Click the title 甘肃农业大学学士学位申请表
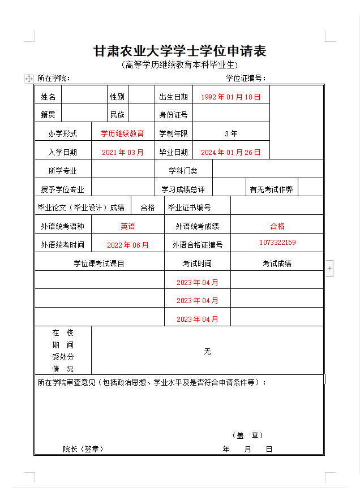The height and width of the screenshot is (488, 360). pos(179,51)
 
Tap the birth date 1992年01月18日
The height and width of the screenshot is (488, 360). pos(231,97)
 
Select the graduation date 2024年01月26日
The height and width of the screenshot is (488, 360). pos(231,152)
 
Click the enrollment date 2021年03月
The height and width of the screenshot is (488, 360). pos(123,152)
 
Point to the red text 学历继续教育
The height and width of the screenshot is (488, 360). pos(122,133)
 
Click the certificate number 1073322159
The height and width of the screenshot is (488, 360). pos(277,242)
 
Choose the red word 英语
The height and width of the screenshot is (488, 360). pos(128,226)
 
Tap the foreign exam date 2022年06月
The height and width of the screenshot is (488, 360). pos(128,245)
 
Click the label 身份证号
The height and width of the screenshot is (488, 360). pos(173,115)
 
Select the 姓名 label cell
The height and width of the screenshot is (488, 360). pos(48,97)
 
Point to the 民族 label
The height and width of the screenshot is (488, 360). pos(117,115)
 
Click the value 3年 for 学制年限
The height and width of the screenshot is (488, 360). pos(231,133)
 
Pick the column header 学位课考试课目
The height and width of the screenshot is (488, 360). pos(99,264)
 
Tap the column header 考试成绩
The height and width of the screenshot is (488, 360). pos(277,264)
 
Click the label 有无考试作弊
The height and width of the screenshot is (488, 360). pos(271,189)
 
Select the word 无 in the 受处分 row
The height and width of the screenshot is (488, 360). pos(207,351)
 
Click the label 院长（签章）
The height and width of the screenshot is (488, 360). pos(83,449)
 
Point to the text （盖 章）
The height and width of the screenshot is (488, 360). pos(247,435)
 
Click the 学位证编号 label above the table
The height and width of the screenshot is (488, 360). pos(246,78)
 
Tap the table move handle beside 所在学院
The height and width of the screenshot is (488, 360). pos(29,79)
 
